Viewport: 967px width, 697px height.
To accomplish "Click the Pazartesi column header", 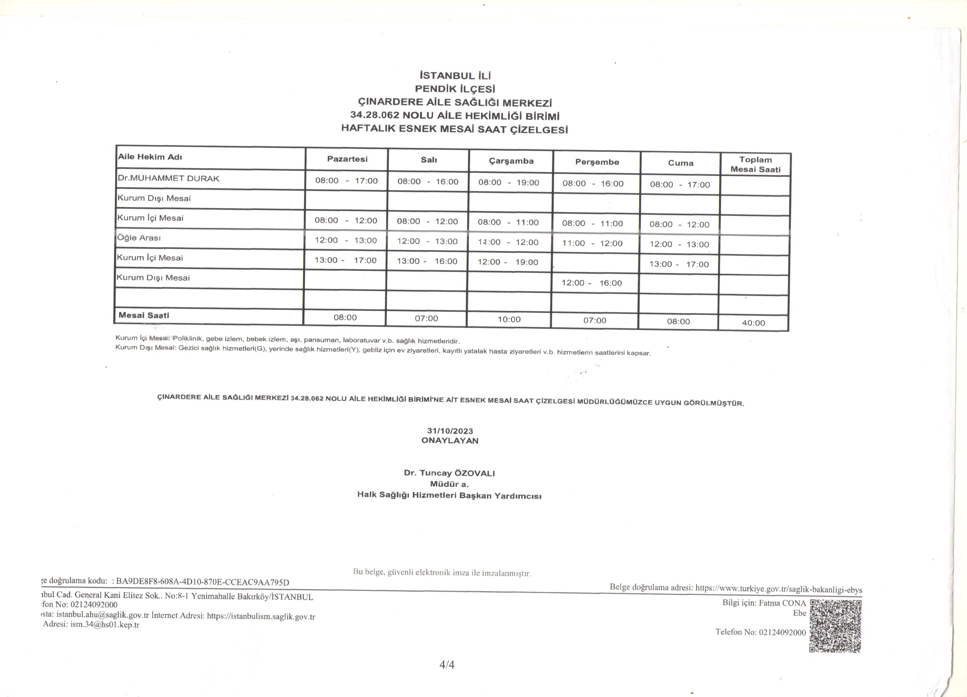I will (x=347, y=159).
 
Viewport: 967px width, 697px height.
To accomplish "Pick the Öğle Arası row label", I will (x=139, y=238).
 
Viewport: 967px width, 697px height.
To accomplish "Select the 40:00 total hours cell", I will (x=753, y=323).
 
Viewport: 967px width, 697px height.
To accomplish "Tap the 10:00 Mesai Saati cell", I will (x=509, y=319).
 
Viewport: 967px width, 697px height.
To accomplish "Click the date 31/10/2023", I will (x=450, y=431).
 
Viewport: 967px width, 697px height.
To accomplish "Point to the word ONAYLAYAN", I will (x=450, y=441).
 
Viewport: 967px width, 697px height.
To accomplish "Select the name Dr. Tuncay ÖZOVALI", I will (x=449, y=473).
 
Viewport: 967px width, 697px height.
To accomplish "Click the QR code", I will (x=835, y=626).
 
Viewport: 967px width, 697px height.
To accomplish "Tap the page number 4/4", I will (x=447, y=664).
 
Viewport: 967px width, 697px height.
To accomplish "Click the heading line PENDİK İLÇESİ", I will (x=455, y=89).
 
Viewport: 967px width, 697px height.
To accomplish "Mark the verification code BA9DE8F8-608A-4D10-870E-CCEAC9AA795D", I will (x=202, y=582).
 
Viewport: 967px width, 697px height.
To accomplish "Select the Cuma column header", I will (x=681, y=163).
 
